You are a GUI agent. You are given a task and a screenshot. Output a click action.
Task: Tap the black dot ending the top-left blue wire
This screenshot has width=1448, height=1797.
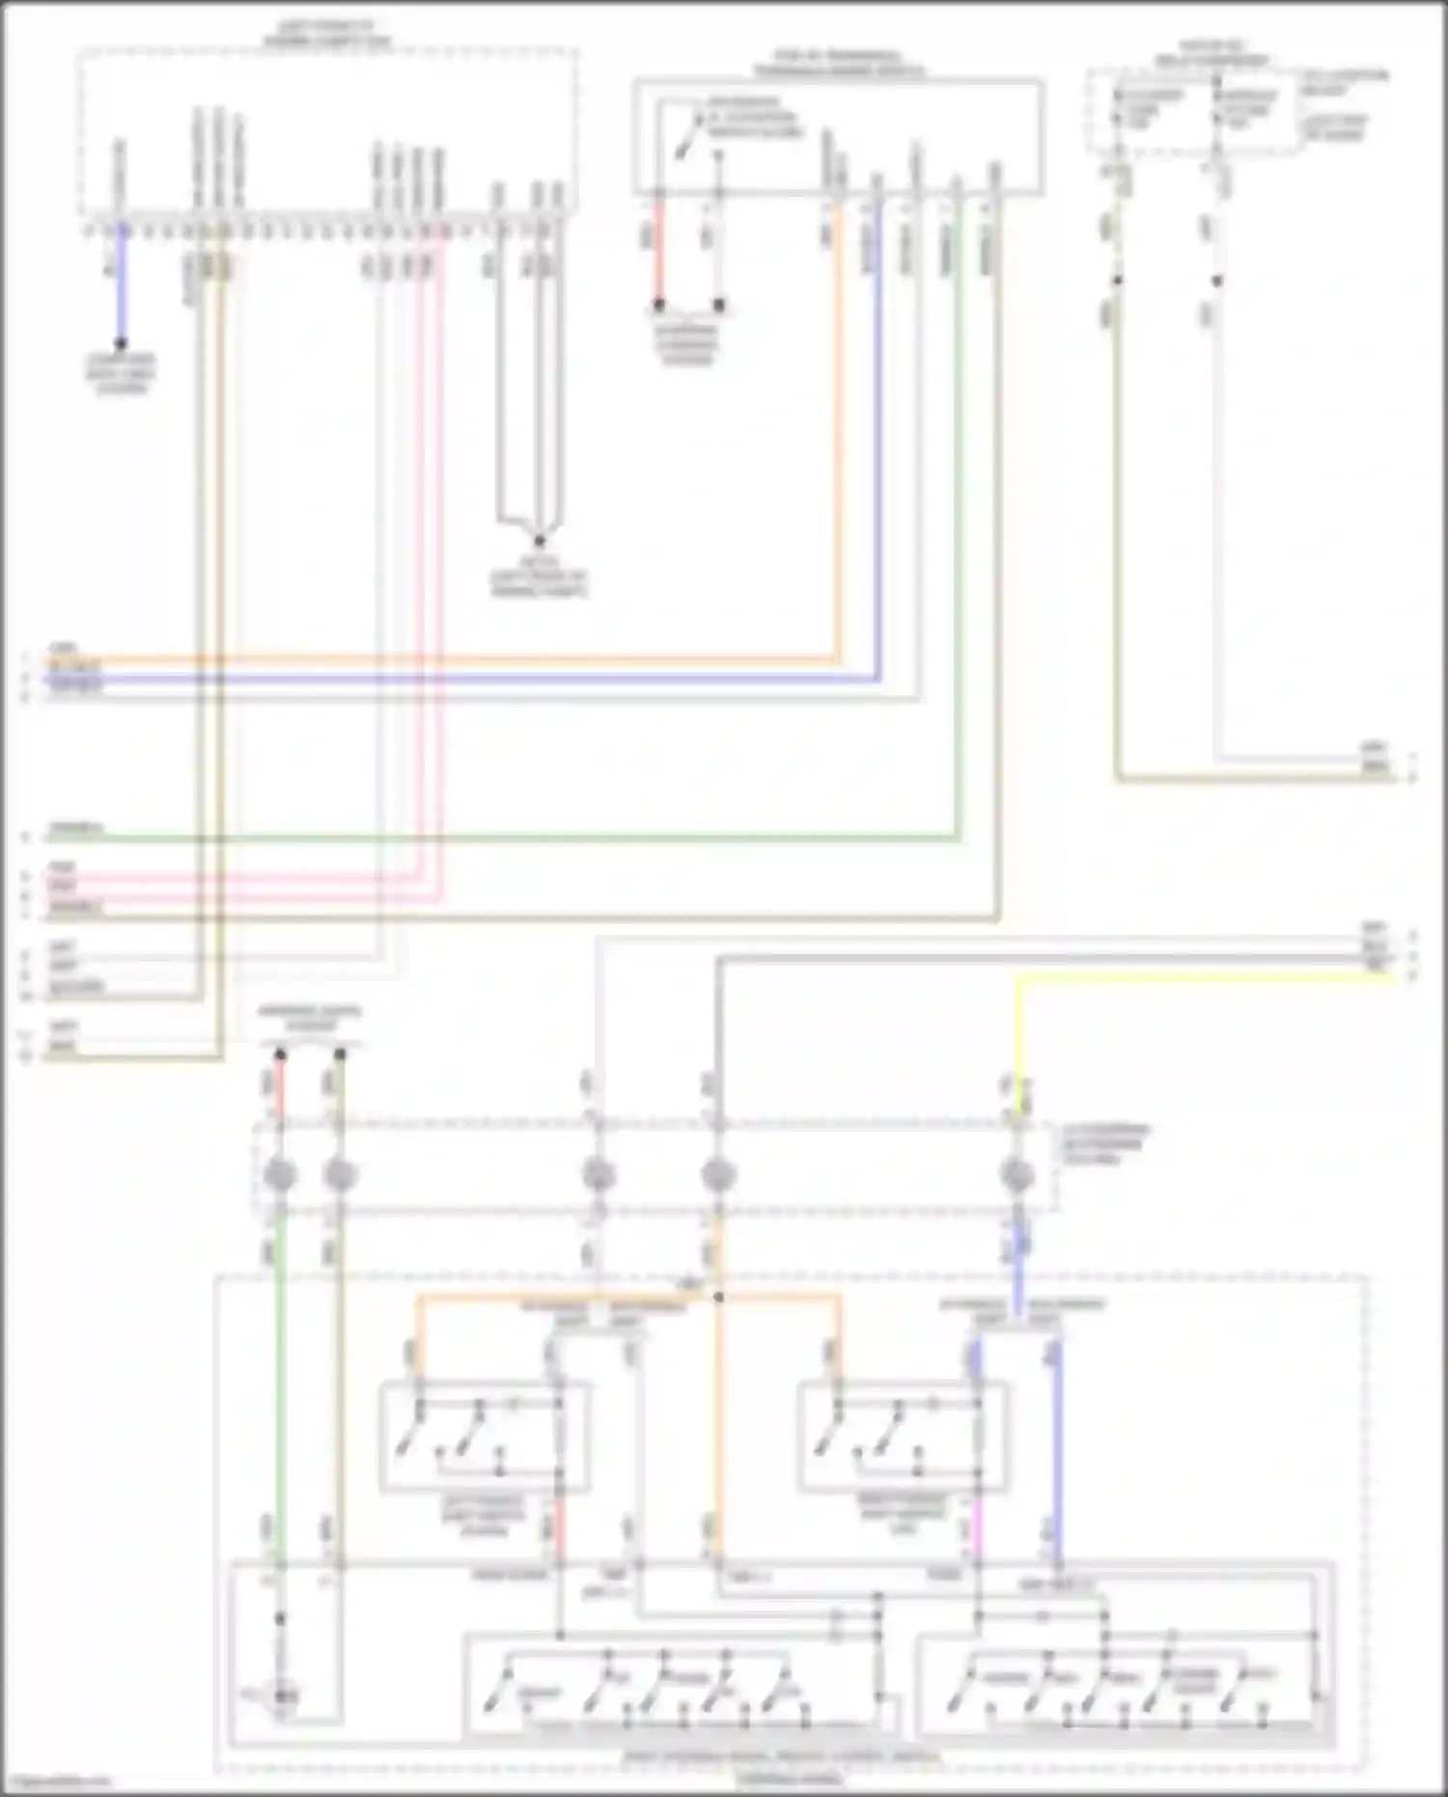pyautogui.click(x=122, y=344)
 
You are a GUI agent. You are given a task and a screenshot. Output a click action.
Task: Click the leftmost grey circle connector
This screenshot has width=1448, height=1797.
pyautogui.click(x=280, y=1175)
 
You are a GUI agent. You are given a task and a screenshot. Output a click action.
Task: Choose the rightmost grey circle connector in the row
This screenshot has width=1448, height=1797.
pyautogui.click(x=1017, y=1175)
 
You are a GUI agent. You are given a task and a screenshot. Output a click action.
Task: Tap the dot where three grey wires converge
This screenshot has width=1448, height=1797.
pyautogui.click(x=539, y=542)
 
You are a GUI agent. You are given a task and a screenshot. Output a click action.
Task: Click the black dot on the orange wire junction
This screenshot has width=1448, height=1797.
pyautogui.click(x=718, y=1297)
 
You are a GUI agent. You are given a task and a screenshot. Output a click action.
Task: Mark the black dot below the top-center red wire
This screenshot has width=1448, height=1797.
pyautogui.click(x=659, y=305)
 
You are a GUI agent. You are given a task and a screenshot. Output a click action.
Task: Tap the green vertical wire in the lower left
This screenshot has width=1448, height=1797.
pyautogui.click(x=280, y=1390)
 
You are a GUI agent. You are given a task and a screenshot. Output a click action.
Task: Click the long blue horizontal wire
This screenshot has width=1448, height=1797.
pyautogui.click(x=483, y=680)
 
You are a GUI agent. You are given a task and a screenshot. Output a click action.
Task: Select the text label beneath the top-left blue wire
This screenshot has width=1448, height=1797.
pyautogui.click(x=122, y=374)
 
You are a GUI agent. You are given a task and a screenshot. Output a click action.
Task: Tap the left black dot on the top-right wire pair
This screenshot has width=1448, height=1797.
pyautogui.click(x=1117, y=281)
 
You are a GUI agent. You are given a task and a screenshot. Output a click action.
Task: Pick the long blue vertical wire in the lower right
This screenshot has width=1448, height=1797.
pyautogui.click(x=1058, y=1448)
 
